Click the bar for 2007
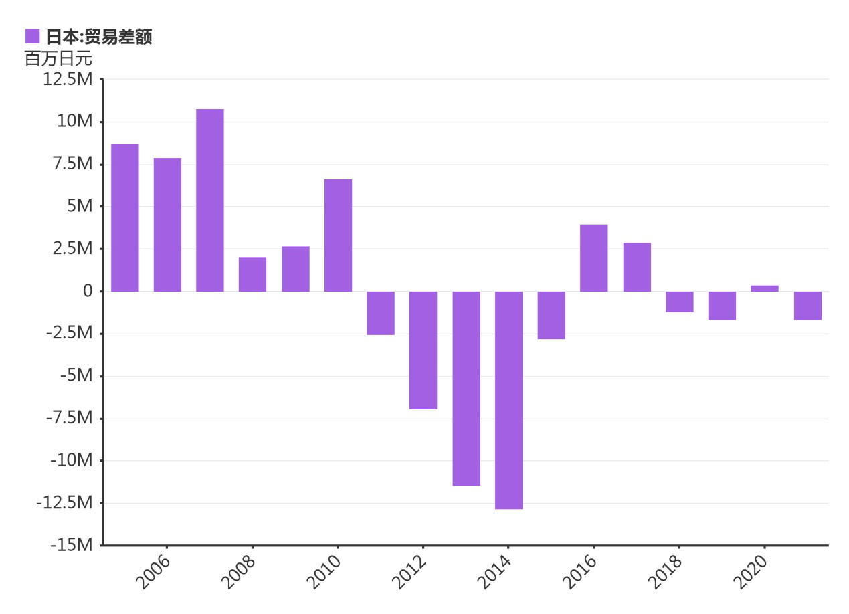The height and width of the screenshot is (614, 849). pyautogui.click(x=210, y=200)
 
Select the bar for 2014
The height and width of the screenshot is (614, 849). pyautogui.click(x=508, y=400)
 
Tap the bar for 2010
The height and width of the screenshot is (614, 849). pyautogui.click(x=338, y=235)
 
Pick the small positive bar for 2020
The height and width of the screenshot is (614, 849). pyautogui.click(x=764, y=288)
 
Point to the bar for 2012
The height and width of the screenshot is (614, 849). pyautogui.click(x=423, y=350)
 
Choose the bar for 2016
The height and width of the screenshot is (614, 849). pyautogui.click(x=594, y=258)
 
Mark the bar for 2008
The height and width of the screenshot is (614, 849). pyautogui.click(x=252, y=274)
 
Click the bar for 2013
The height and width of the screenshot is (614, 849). pyautogui.click(x=466, y=388)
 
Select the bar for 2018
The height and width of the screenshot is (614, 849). pyautogui.click(x=679, y=302)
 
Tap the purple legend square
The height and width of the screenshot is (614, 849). pyautogui.click(x=32, y=36)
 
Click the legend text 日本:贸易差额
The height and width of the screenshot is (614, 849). pyautogui.click(x=99, y=37)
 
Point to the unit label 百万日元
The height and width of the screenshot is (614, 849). pyautogui.click(x=58, y=58)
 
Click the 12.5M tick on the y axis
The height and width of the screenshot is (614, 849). pyautogui.click(x=67, y=80)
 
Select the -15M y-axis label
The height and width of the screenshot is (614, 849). pyautogui.click(x=70, y=545)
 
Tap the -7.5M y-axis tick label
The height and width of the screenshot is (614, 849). pyautogui.click(x=69, y=418)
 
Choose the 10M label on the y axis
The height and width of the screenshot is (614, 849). pyautogui.click(x=74, y=122)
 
